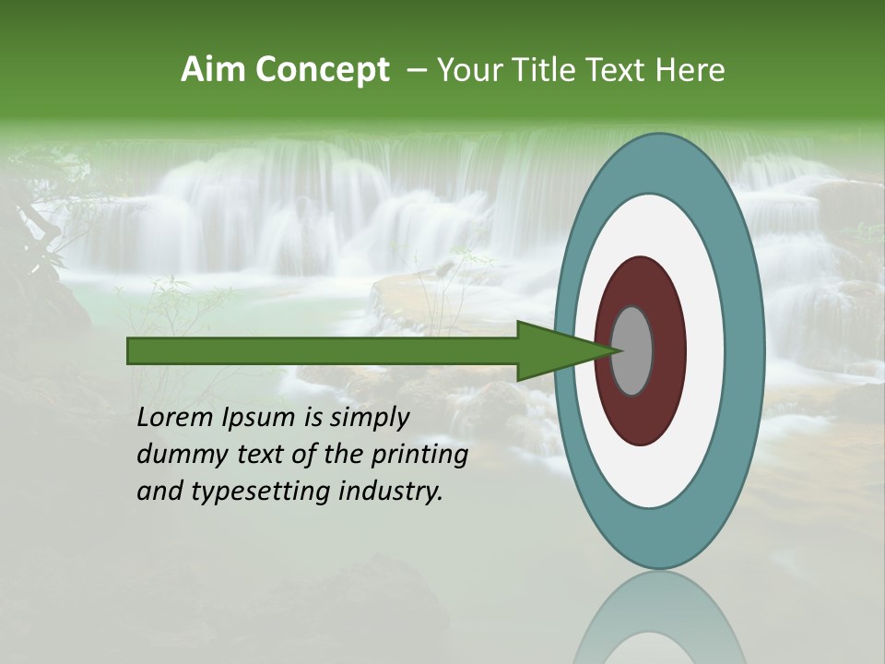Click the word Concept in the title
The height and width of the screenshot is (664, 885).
click(x=323, y=71)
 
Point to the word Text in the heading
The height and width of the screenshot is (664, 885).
click(x=619, y=70)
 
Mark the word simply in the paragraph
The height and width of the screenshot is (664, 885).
click(x=368, y=419)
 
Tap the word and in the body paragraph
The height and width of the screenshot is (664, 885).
click(x=157, y=492)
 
